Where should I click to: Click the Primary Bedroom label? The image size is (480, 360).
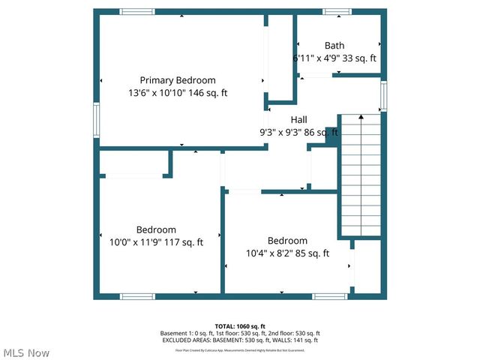tap(178, 80)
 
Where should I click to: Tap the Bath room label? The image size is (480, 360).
tap(334, 46)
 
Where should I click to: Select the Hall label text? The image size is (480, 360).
tap(298, 119)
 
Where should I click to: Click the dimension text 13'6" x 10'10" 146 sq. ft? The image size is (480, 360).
tap(178, 93)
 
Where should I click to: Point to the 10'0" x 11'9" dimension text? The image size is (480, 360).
tap(156, 242)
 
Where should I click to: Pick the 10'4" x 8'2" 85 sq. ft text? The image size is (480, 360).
tap(288, 253)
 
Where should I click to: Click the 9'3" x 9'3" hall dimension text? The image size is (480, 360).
tap(298, 132)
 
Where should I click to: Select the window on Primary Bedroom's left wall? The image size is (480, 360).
tap(96, 118)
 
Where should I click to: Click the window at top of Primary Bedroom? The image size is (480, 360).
tap(137, 12)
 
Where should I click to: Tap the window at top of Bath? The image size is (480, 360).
tap(336, 12)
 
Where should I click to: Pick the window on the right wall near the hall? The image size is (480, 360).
tap(383, 96)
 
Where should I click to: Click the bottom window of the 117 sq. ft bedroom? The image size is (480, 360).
tap(137, 296)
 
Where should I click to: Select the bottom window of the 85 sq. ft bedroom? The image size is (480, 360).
tap(330, 296)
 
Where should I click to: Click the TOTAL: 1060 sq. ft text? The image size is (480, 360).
tap(240, 326)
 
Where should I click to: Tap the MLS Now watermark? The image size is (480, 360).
tap(26, 352)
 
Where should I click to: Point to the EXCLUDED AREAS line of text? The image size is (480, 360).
tap(240, 340)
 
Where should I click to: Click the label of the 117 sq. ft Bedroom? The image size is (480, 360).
tap(156, 229)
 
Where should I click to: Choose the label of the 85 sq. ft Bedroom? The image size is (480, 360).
tap(288, 241)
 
